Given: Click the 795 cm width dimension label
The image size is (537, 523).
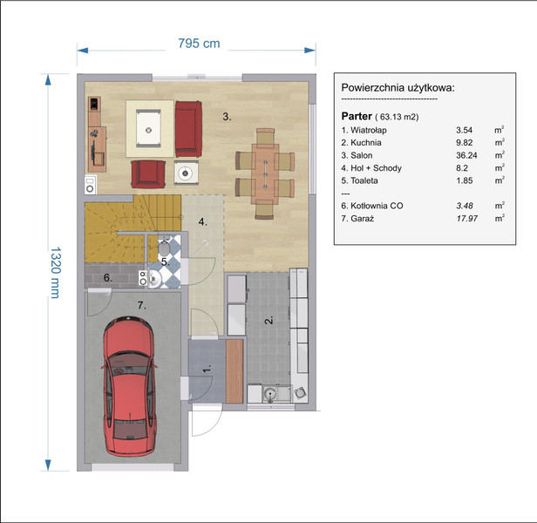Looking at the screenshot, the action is point(199,44).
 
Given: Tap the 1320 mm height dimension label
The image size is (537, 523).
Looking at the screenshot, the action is point(56,272).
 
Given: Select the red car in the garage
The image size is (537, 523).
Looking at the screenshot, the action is point(129,386).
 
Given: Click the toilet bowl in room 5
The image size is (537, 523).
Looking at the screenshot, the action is point(165,247).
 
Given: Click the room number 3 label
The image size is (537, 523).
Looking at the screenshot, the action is point(227,117).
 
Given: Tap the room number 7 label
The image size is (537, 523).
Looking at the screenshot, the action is point(142,305).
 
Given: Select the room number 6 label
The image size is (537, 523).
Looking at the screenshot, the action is point(108,278).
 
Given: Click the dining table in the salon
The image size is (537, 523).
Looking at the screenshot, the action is point(265,173).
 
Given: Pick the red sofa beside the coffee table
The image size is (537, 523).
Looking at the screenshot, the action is point(188,129).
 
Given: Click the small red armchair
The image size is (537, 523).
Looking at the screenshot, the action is point(148,174).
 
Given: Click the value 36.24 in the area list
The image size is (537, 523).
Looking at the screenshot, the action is point(466,155).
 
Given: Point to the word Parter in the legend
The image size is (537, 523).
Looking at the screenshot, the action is point(357,116).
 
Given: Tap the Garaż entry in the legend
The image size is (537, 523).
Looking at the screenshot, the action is point(357,219).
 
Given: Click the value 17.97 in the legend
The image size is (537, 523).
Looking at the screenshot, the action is point(466,219).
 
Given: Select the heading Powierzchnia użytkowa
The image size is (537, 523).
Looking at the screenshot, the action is point(398,88).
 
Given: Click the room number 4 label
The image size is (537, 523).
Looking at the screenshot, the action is point(203,222).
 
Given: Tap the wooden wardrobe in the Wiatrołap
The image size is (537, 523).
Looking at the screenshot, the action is point(235,371).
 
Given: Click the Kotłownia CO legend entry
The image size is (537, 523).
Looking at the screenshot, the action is point(372,206).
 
